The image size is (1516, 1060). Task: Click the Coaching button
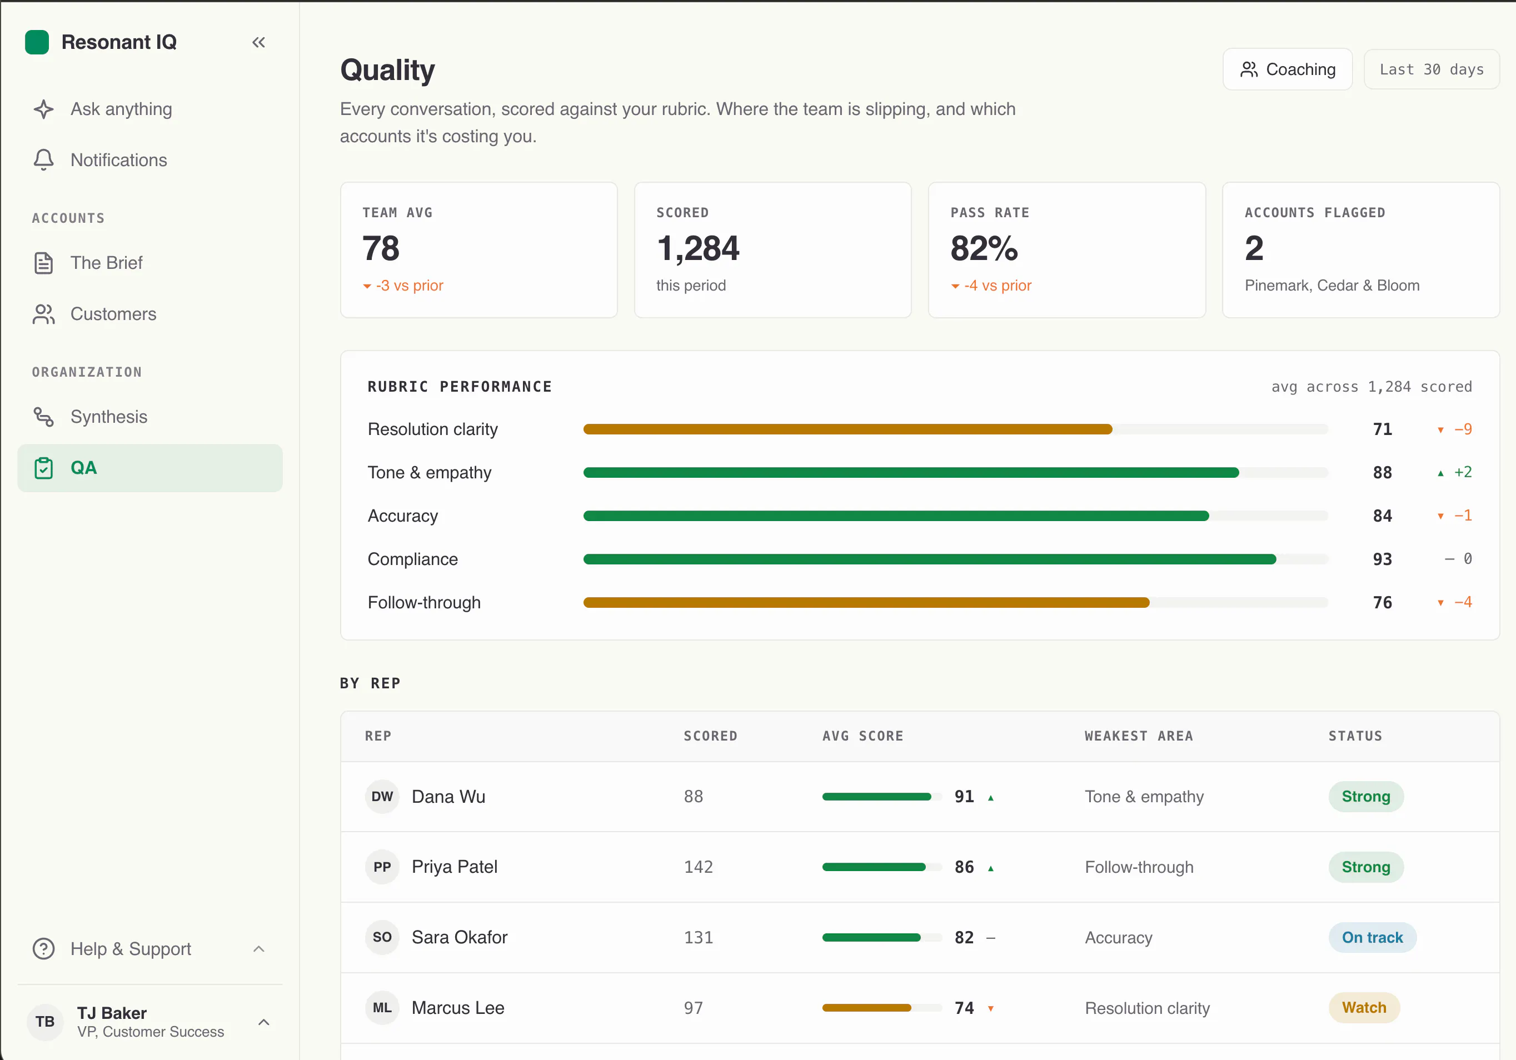1287,69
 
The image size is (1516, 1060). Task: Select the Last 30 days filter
1431,69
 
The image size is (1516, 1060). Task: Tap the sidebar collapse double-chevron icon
258,42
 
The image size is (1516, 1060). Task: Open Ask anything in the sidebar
121,109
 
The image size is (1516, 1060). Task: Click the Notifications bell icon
43,160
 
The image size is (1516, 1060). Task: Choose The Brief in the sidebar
106,263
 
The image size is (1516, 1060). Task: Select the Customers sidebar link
113,314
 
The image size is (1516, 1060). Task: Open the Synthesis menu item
109,417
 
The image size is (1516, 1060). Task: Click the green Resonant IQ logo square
37,42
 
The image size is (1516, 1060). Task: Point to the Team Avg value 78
381,248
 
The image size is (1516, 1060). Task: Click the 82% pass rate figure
984,248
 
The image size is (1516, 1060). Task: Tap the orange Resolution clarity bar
848,429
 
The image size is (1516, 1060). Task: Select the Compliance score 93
1382,559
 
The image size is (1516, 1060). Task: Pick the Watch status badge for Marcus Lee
1364,1008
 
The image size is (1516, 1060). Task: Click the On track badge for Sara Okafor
1372,937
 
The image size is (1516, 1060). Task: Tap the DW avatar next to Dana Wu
382,797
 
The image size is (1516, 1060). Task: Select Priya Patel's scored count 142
698,867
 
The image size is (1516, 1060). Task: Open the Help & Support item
131,948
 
